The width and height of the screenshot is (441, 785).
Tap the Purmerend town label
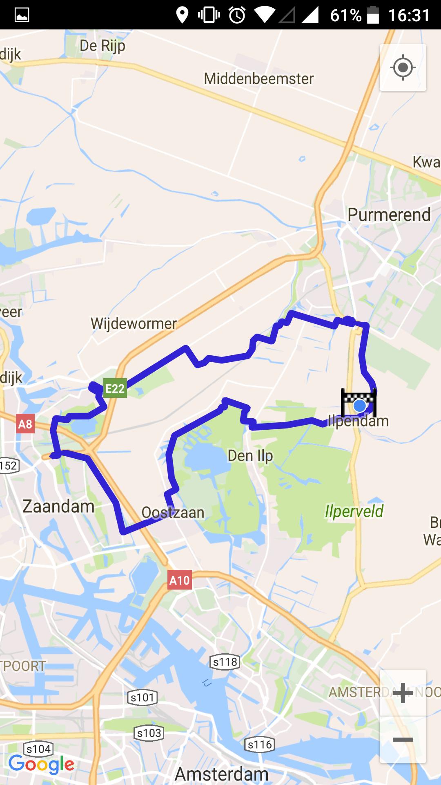tap(389, 215)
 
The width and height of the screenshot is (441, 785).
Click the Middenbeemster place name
tap(258, 78)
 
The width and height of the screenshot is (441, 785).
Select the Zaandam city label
tap(58, 507)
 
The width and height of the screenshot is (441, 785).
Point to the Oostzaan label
tap(173, 512)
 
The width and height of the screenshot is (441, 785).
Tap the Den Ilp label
tap(250, 456)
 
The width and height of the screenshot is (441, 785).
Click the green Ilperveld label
tap(354, 511)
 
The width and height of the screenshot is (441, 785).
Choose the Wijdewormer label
tap(134, 323)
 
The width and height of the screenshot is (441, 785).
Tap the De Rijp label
tap(102, 46)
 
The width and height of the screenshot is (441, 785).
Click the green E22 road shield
tap(115, 388)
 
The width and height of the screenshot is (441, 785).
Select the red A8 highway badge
tap(25, 424)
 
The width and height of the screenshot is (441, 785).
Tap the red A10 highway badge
tap(179, 580)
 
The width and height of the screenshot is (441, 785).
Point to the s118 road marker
tap(225, 662)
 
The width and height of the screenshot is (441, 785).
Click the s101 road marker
tap(142, 697)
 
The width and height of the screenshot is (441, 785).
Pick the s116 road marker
tap(259, 745)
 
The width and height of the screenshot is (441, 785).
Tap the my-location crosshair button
tap(403, 67)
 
